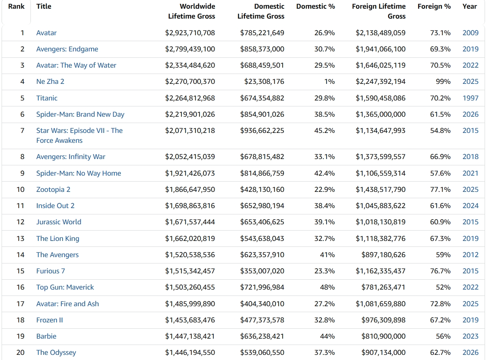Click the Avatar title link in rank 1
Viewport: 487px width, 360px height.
(x=46, y=33)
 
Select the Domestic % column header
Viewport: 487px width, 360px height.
(x=316, y=6)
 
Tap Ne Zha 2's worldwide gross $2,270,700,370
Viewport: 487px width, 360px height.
(x=190, y=81)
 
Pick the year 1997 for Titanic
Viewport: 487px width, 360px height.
(x=470, y=98)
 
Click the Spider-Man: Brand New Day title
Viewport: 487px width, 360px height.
(x=80, y=114)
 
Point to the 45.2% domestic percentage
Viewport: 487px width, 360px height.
(x=325, y=131)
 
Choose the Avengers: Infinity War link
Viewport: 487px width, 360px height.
(x=71, y=157)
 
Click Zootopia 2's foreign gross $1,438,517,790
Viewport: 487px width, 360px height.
(x=380, y=189)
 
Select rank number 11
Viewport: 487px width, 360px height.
(x=21, y=206)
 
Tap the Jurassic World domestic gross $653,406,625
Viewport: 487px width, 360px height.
(x=262, y=222)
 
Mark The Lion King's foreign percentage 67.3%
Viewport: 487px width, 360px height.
(x=440, y=239)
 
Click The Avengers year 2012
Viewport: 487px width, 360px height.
(x=470, y=255)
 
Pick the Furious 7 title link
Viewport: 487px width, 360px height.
(x=51, y=271)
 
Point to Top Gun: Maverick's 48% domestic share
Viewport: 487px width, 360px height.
(x=327, y=287)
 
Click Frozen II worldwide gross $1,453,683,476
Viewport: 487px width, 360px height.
(x=190, y=320)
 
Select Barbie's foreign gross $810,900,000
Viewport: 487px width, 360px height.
(x=383, y=336)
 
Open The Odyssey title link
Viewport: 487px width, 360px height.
(x=56, y=352)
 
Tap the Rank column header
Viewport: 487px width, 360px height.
(x=16, y=6)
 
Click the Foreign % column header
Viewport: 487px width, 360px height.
(x=434, y=6)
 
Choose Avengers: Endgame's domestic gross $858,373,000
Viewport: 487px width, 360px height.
(x=262, y=49)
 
